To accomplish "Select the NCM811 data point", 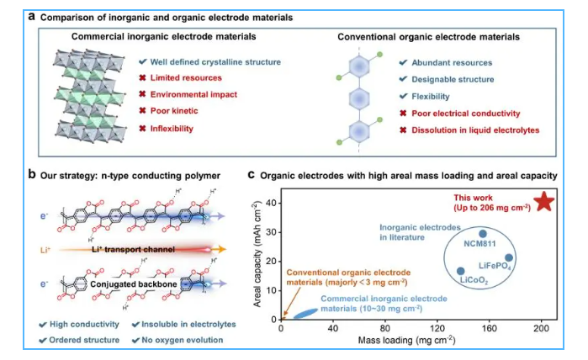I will tap(482, 235).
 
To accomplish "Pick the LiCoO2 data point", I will tap(459, 271).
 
